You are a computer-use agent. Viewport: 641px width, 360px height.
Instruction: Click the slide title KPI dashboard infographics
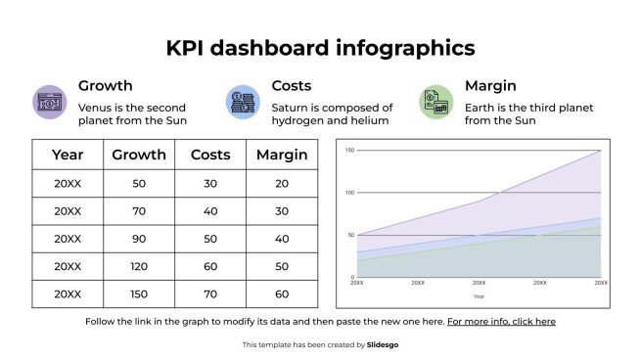(x=320, y=48)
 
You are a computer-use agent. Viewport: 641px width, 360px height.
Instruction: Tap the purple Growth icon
(x=49, y=101)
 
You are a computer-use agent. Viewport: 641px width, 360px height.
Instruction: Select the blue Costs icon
(x=242, y=101)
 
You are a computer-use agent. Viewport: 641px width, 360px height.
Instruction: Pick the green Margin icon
(x=435, y=101)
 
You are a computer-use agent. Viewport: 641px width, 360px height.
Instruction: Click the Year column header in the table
(x=68, y=155)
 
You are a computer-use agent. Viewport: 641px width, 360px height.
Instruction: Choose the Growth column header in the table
(x=139, y=155)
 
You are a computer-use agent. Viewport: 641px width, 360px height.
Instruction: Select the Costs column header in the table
(x=210, y=155)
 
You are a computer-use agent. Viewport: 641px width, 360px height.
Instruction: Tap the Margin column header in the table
(x=282, y=155)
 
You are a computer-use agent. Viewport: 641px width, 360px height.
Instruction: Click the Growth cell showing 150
(x=139, y=293)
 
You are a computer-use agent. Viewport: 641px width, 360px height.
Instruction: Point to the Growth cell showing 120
(x=139, y=266)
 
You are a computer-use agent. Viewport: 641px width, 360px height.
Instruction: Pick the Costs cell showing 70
(x=210, y=293)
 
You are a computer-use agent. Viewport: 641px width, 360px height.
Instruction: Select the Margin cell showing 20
(x=282, y=183)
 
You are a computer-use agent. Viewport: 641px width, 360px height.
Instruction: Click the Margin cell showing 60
(x=282, y=293)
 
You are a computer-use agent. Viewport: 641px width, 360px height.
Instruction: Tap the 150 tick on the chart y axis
(x=349, y=151)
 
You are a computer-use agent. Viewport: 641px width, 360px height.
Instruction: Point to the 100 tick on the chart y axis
(x=349, y=193)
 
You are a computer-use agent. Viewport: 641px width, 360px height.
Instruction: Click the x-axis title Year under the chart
(x=479, y=295)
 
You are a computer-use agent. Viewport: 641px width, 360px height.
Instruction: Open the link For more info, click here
(x=501, y=321)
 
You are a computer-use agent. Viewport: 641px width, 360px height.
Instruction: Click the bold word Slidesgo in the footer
(x=383, y=344)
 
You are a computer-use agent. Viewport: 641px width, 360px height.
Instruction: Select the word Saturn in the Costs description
(x=290, y=108)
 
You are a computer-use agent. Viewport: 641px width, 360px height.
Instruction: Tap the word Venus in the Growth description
(x=96, y=108)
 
